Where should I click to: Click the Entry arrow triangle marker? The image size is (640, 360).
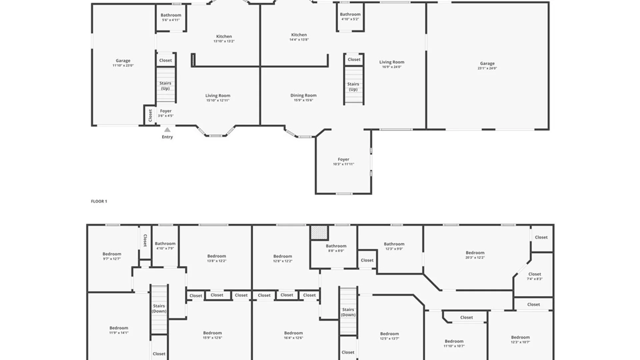[x=167, y=130]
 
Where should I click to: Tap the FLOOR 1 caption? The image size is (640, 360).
[x=99, y=201]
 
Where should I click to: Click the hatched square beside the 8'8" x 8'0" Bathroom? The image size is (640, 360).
[x=319, y=232]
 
